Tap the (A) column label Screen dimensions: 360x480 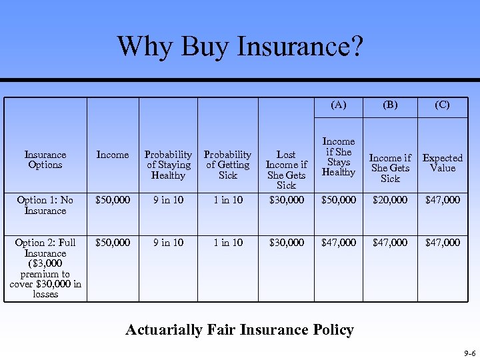click(339, 105)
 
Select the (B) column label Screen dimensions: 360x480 click(390, 105)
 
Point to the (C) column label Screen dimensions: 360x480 click(442, 105)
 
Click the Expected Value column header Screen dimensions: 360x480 click(442, 163)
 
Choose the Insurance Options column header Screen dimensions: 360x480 click(45, 159)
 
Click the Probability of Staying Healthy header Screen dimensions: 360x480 click(168, 165)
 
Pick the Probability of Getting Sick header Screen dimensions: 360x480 click(227, 165)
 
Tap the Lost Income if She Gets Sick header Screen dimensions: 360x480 click(286, 169)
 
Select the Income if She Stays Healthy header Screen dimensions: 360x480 click(339, 157)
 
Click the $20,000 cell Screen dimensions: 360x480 click(390, 200)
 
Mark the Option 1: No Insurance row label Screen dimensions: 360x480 click(45, 205)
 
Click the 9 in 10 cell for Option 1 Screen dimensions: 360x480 click(168, 200)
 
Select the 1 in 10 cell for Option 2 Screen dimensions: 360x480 click(227, 243)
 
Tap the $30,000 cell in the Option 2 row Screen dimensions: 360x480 click(286, 243)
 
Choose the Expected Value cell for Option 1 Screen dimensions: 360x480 click(442, 200)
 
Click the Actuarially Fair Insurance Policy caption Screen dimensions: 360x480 click(239, 329)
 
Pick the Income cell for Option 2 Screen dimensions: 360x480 click(113, 243)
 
